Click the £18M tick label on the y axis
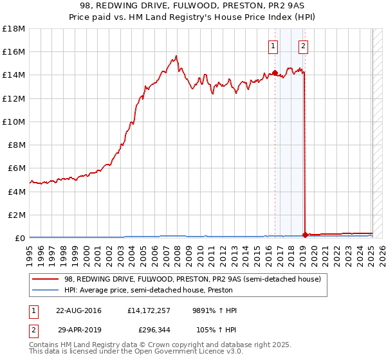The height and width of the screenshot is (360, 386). tap(14, 29)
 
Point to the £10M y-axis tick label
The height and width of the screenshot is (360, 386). tap(14, 122)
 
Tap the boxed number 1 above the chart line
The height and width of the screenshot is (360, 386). tap(273, 46)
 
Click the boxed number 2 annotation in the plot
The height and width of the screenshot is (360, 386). tap(303, 46)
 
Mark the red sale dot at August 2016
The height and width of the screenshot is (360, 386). tap(275, 73)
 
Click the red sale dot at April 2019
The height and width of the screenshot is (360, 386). tap(305, 234)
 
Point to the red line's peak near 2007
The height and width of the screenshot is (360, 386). tap(176, 56)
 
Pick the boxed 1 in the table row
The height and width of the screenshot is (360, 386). tap(33, 310)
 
